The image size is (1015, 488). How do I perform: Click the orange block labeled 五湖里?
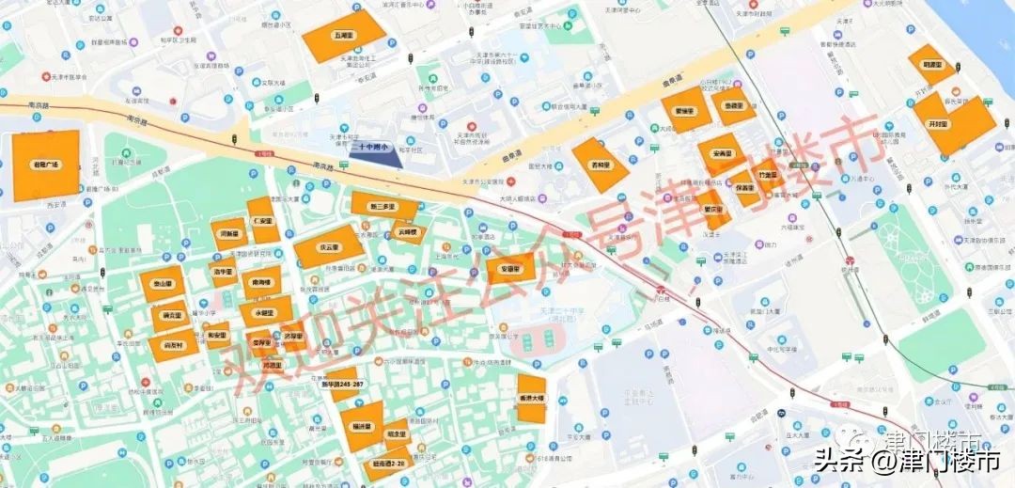[x=343, y=35]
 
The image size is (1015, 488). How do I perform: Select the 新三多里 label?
[x=383, y=206]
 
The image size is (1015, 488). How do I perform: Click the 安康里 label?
[x=510, y=270]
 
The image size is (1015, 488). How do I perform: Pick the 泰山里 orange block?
[x=162, y=283]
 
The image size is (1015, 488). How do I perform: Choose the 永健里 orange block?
[x=264, y=311]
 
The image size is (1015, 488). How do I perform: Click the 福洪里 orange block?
[x=361, y=426]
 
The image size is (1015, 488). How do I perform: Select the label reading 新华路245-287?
[x=342, y=384]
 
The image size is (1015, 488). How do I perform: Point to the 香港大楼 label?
[x=532, y=399]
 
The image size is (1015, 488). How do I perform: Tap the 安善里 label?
[x=723, y=152]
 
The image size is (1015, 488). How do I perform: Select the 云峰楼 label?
[x=406, y=230]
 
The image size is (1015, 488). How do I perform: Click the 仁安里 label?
[x=262, y=222]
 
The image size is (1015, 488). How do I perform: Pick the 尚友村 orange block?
[x=169, y=346]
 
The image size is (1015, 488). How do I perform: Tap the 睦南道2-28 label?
[x=389, y=464]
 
